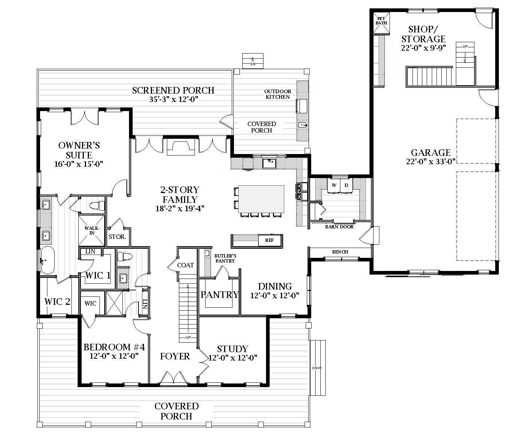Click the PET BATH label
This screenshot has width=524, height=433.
pos(381,21)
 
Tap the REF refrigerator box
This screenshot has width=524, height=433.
pos(270,240)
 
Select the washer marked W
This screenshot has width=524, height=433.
pos(334,186)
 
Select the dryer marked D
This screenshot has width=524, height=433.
pos(346,186)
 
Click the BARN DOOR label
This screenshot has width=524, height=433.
pos(339,227)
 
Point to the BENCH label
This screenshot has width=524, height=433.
pos(340,252)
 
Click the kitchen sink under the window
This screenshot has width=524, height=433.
pos(269,163)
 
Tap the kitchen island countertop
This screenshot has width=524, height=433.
pos(261,199)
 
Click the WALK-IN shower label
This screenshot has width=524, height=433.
pos(92,231)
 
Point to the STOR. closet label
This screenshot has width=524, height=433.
pos(117,237)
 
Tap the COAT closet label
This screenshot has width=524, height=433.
pos(185,265)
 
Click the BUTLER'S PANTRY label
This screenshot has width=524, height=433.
pos(225,259)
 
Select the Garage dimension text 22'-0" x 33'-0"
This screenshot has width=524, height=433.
pos(431,161)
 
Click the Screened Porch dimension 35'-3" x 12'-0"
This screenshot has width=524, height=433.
pos(174,99)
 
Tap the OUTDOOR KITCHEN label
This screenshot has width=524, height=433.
pos(278,94)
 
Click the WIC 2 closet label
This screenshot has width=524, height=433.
pos(57,302)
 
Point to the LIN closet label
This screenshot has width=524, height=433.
pos(90,251)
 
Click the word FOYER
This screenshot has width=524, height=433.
pos(175,356)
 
